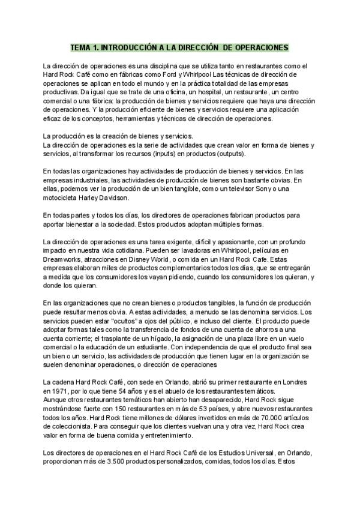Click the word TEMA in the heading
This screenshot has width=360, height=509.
(80, 46)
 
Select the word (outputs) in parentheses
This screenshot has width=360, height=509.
(277, 154)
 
